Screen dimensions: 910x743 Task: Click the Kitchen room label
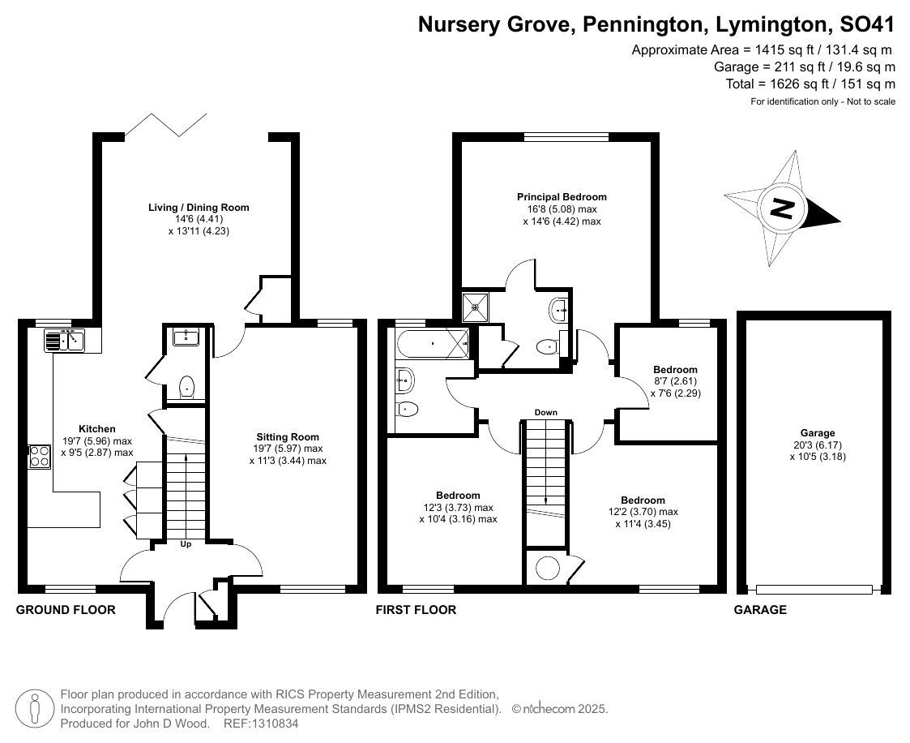click(97, 429)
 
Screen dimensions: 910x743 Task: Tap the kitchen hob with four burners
click(40, 456)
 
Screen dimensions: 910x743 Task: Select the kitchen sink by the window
click(64, 340)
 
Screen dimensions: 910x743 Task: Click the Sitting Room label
click(288, 437)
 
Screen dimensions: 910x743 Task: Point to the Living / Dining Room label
click(199, 208)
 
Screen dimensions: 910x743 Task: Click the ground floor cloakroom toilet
click(186, 387)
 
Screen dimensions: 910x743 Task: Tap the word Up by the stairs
click(186, 544)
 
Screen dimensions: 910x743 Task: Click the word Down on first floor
click(545, 412)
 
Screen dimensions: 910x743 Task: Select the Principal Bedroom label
click(562, 197)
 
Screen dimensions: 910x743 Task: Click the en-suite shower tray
click(476, 307)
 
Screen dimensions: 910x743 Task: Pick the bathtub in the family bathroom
click(433, 343)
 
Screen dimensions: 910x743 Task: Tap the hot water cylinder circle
click(547, 568)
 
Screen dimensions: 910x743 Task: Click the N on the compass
click(781, 208)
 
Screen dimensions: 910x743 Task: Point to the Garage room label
click(818, 433)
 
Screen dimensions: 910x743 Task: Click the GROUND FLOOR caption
click(66, 609)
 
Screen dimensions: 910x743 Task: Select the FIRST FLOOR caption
click(416, 609)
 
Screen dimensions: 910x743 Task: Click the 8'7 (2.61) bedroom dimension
click(674, 381)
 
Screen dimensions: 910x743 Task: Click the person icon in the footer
click(35, 709)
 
